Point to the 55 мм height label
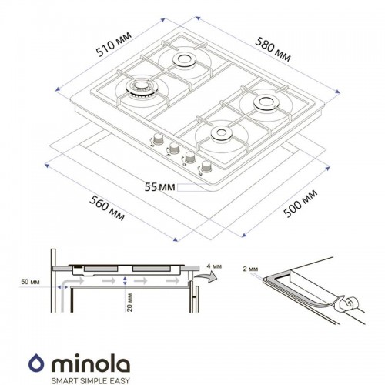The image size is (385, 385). (159, 186)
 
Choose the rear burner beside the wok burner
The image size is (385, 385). (185, 60)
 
